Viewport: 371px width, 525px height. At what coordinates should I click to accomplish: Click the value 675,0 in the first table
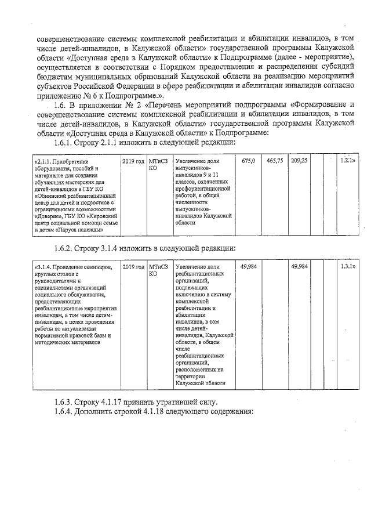pos(249,160)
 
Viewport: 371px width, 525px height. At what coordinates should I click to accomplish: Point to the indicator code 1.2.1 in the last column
pos(347,160)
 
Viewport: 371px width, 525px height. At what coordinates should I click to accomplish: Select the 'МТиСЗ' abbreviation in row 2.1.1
pos(158,161)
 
